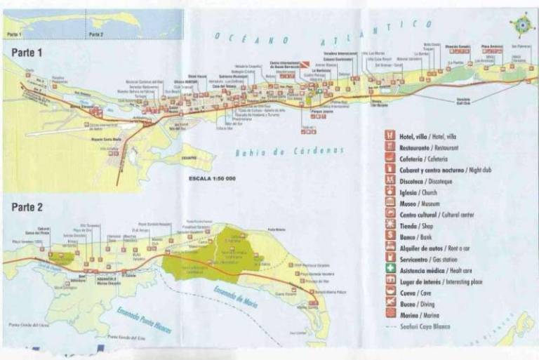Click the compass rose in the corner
click(523, 27)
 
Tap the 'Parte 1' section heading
click(27, 52)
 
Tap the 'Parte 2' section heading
click(27, 207)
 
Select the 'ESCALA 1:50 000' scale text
click(211, 179)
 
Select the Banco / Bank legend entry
click(411, 236)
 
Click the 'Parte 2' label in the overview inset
click(96, 33)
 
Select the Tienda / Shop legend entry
click(410, 225)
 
